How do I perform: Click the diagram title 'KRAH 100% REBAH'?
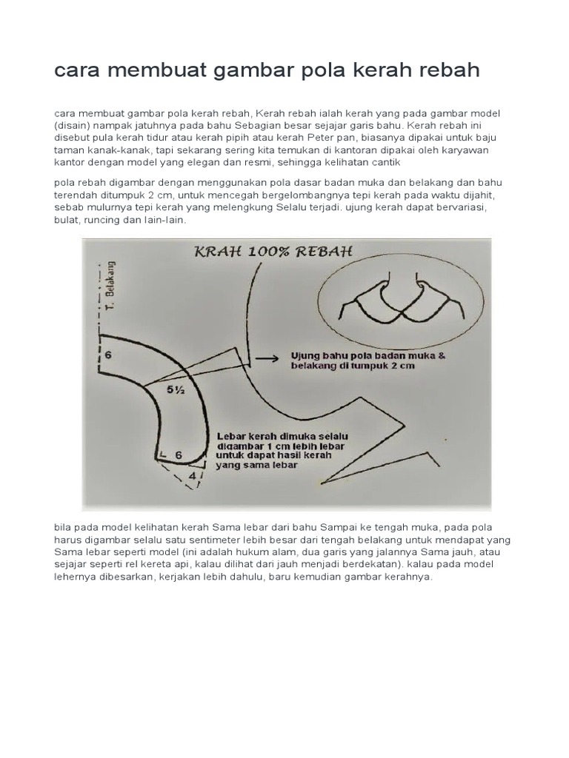[x=273, y=252]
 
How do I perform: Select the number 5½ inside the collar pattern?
[x=176, y=392]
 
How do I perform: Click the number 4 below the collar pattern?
[x=193, y=476]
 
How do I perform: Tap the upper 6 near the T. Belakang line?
[x=109, y=355]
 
